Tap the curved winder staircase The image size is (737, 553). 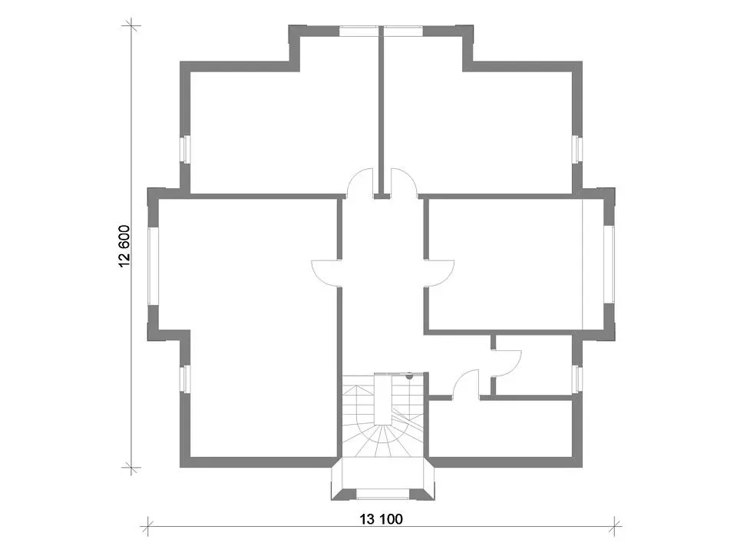[x=383, y=415]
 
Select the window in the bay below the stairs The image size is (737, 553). [x=382, y=494]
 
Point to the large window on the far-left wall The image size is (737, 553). [x=154, y=267]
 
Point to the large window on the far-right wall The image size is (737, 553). [x=609, y=264]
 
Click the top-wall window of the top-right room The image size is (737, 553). [x=403, y=31]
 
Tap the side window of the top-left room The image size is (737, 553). [x=185, y=150]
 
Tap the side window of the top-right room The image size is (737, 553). [x=577, y=150]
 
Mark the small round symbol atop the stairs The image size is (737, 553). [x=409, y=376]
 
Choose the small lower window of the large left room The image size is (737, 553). [x=185, y=379]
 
